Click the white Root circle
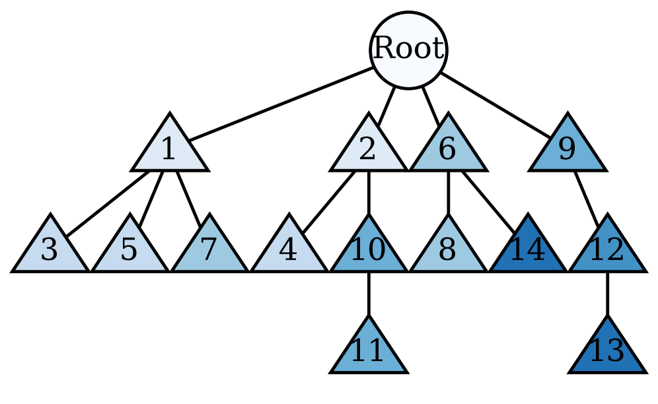[x=408, y=50]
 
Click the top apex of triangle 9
[x=567, y=118]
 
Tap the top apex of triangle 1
[x=170, y=118]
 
